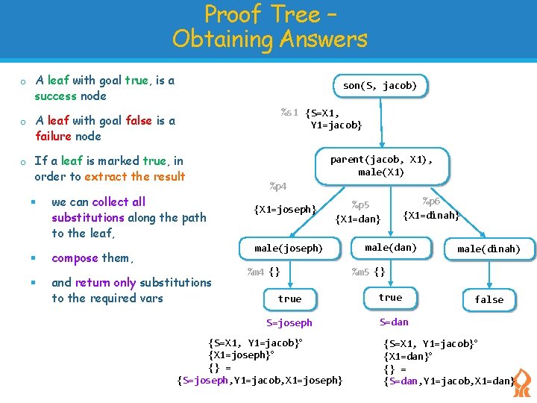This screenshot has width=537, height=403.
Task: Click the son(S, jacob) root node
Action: pos(380,86)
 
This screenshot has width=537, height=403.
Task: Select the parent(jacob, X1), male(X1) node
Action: pos(381,166)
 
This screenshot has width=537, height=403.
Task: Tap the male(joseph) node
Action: pos(289,249)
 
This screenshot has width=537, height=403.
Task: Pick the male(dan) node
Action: pos(390,247)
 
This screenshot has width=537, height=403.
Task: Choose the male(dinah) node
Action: pos(489,249)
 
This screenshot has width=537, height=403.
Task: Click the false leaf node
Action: pos(489,299)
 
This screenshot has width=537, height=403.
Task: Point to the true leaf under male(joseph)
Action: pos(289,299)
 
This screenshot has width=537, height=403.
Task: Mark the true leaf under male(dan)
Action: pos(390,297)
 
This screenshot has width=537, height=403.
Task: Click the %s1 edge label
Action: pos(289,113)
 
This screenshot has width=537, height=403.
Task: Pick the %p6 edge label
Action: pos(431,201)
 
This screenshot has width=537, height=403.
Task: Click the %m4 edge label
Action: pos(255,272)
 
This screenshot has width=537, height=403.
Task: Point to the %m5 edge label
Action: pos(360,272)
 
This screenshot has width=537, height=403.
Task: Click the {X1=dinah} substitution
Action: pos(431,216)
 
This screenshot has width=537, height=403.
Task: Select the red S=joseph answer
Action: pos(289,323)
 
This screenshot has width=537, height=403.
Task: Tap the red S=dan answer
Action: pos(394,322)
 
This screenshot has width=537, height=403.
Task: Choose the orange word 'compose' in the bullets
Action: pos(75,258)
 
